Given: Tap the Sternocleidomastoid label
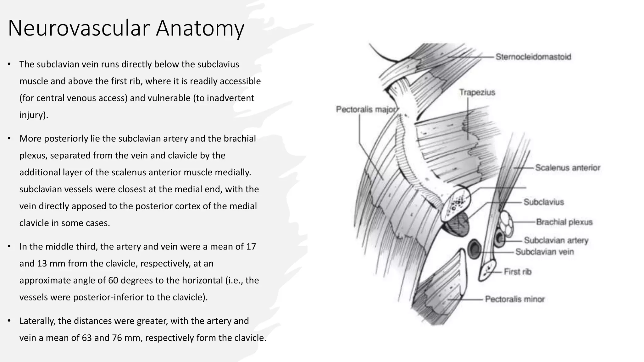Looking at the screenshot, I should click(x=533, y=57).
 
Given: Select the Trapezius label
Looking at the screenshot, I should click(x=477, y=92).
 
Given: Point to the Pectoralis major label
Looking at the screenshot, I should click(x=366, y=109).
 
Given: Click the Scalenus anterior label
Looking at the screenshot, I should click(x=568, y=168).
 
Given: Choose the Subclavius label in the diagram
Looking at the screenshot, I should click(x=544, y=202).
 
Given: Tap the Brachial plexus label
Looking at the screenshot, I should click(x=564, y=222).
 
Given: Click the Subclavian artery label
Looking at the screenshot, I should click(x=556, y=240).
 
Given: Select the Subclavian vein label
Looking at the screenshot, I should click(x=545, y=252).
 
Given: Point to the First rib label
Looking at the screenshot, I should click(x=518, y=272).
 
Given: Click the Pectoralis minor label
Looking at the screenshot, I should click(x=515, y=299).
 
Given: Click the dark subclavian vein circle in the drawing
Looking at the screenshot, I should click(x=474, y=249).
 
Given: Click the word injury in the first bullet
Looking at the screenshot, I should click(x=33, y=115).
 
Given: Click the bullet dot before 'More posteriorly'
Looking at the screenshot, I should click(x=9, y=139).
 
